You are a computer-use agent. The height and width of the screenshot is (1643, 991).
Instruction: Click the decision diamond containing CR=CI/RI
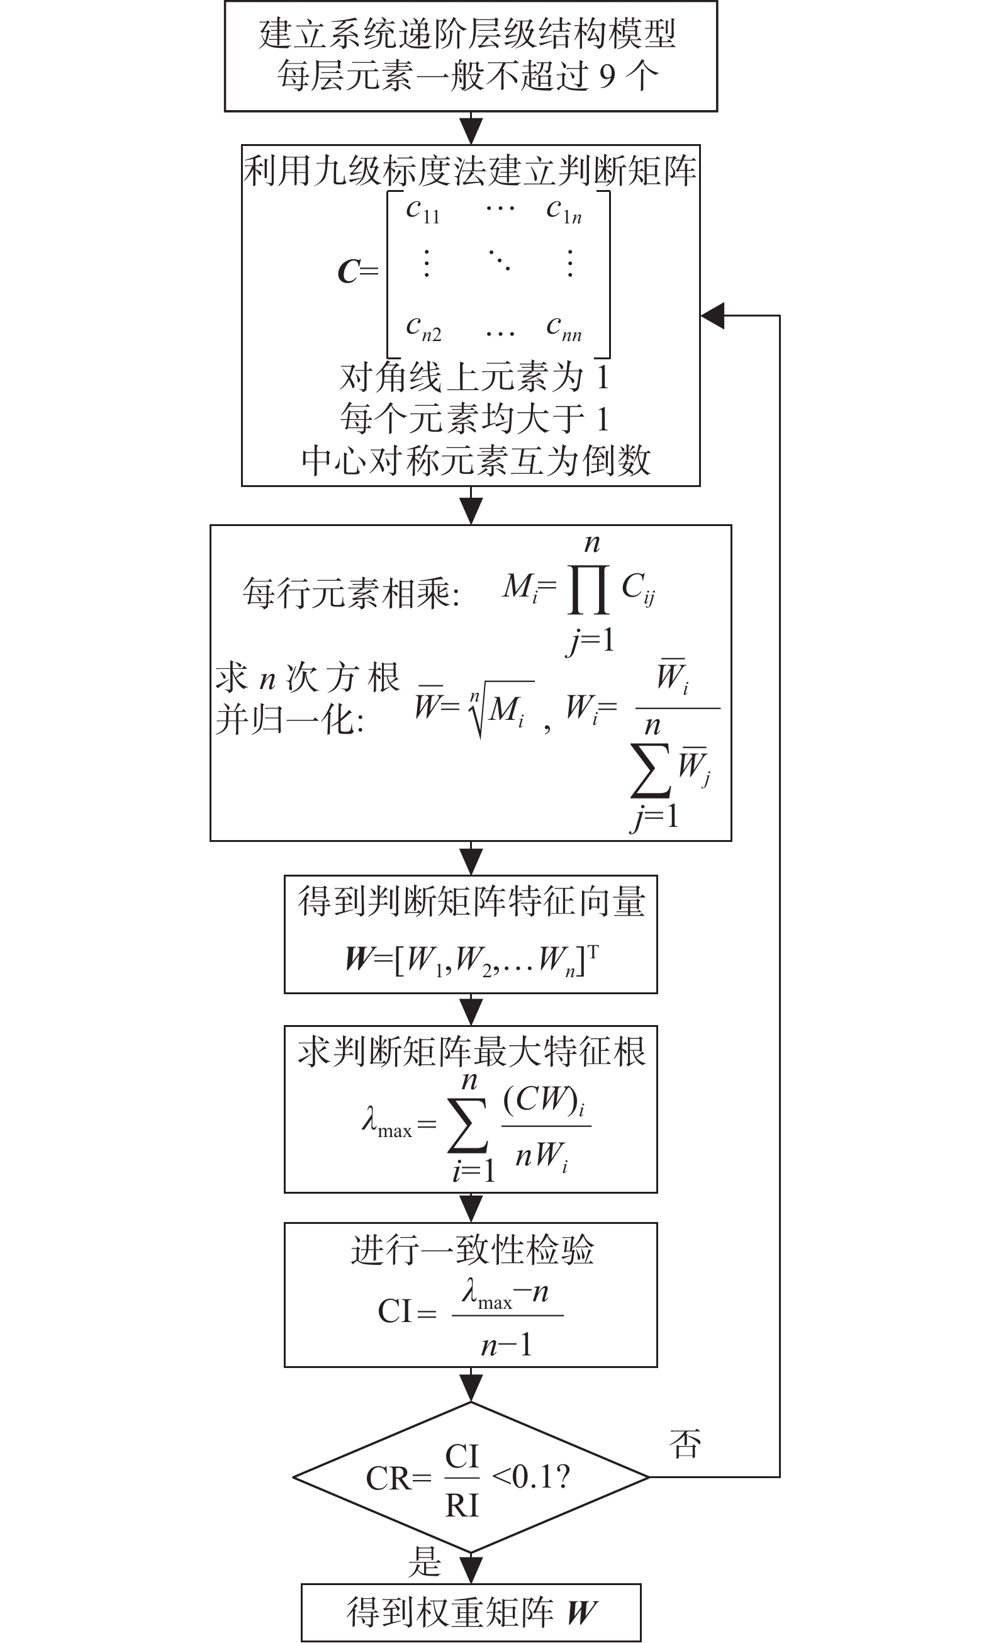click(x=471, y=1476)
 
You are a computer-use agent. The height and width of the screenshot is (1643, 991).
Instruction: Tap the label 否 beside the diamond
click(x=685, y=1444)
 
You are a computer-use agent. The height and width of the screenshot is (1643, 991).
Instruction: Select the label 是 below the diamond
click(x=425, y=1562)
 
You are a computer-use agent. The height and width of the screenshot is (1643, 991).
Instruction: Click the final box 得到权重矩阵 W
click(x=471, y=1612)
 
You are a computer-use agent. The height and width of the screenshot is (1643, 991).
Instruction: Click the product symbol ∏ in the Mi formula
click(x=588, y=589)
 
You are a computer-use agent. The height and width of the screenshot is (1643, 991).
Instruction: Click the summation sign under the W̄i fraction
click(x=650, y=771)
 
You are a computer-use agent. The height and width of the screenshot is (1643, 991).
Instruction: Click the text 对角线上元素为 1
click(x=474, y=377)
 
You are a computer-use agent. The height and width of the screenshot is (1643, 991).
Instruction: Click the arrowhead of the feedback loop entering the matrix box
click(x=712, y=315)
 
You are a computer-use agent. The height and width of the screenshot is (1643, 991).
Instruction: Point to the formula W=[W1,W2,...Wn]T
click(x=471, y=960)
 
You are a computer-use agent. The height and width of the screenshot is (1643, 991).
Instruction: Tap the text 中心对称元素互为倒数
click(x=476, y=460)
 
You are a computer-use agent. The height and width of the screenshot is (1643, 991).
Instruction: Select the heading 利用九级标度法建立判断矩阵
click(x=470, y=171)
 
